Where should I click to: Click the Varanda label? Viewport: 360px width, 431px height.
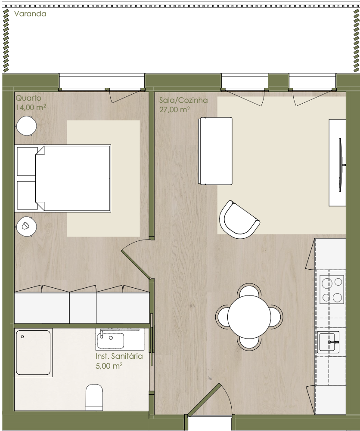pyautogui.click(x=30, y=14)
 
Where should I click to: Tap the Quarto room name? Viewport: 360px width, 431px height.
pyautogui.click(x=28, y=98)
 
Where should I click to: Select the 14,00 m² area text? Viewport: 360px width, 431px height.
pyautogui.click(x=31, y=107)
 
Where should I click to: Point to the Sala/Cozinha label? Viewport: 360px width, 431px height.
pyautogui.click(x=183, y=100)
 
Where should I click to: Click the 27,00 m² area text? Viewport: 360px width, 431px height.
pyautogui.click(x=174, y=109)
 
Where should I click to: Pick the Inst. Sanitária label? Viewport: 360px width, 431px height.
pyautogui.click(x=119, y=356)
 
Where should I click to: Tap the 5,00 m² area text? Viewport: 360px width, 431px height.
pyautogui.click(x=109, y=366)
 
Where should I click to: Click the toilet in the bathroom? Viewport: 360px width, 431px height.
pyautogui.click(x=94, y=397)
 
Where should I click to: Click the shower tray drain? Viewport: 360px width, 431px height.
pyautogui.click(x=22, y=336)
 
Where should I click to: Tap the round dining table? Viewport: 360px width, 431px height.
pyautogui.click(x=249, y=317)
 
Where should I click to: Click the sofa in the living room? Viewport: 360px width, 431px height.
pyautogui.click(x=215, y=151)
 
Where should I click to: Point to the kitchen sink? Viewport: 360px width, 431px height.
pyautogui.click(x=328, y=342)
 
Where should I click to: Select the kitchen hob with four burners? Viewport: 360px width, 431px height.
pyautogui.click(x=332, y=289)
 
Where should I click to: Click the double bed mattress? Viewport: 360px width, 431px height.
pyautogui.click(x=73, y=179)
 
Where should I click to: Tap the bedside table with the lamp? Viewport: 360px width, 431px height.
pyautogui.click(x=26, y=227)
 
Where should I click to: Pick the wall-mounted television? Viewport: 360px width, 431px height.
pyautogui.click(x=341, y=165)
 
